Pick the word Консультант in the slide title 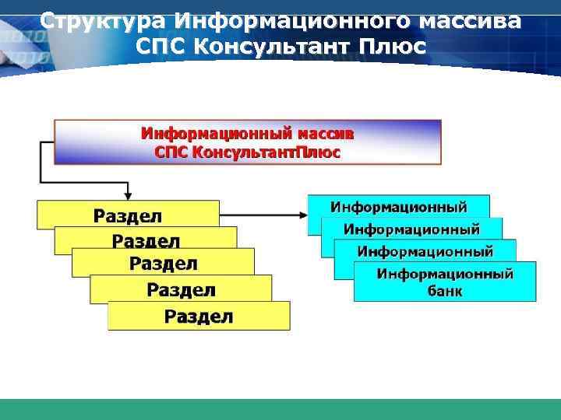[272, 47]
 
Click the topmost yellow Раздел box [129, 215]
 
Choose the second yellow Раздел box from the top [146, 240]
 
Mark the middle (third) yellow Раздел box [164, 264]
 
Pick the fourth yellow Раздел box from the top [182, 290]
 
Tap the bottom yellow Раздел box [199, 316]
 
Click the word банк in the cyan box [445, 292]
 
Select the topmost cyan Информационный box [399, 207]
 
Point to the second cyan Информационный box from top [411, 229]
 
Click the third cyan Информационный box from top [425, 251]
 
